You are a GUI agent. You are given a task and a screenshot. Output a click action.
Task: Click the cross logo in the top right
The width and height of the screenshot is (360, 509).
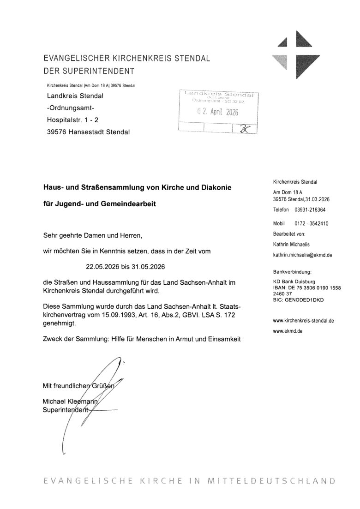click(x=294, y=54)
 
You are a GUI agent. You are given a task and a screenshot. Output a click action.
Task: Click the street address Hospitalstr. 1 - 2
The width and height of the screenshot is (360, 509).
click(x=72, y=120)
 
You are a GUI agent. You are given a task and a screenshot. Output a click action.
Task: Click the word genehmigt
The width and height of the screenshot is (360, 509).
click(x=58, y=324)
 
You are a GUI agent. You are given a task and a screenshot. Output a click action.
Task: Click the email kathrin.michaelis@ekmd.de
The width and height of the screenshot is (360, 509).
click(x=303, y=255)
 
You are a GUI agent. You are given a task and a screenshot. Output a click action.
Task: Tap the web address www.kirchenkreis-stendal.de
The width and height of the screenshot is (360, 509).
click(x=303, y=320)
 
